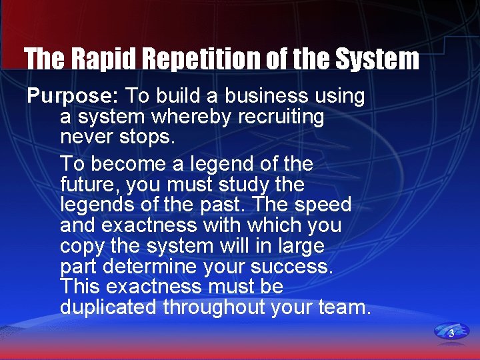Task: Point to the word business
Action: pos(269,97)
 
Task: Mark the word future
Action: pos(89,184)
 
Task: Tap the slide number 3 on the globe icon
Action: pos(451,332)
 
